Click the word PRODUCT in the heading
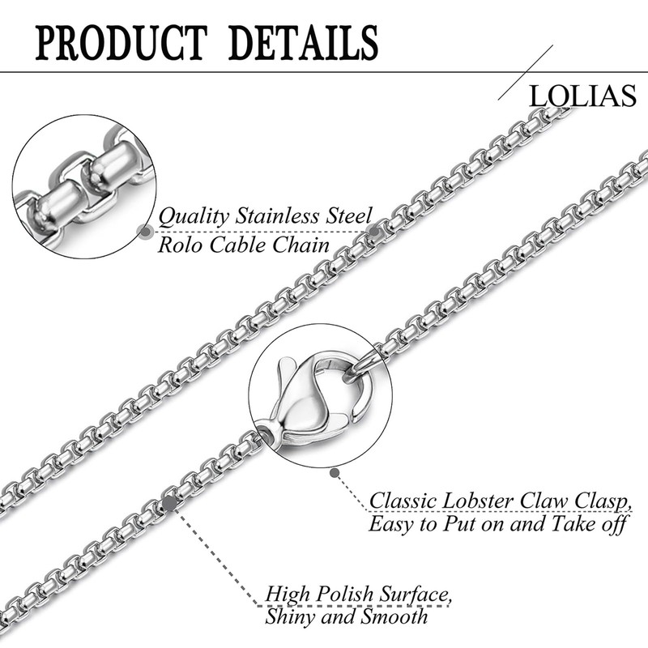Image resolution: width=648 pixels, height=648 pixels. point(121,43)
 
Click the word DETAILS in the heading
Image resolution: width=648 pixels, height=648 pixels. point(303,43)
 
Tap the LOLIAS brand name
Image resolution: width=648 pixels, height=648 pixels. point(582,96)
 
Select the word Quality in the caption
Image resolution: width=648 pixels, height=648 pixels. point(194,217)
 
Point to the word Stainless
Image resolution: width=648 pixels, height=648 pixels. point(278,216)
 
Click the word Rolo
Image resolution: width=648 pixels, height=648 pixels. point(180,245)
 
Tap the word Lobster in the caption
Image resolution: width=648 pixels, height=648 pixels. point(478,501)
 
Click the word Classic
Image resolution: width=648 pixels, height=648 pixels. point(403,501)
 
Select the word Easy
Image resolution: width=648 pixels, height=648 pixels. point(391,525)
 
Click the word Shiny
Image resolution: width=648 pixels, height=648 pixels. point(290,618)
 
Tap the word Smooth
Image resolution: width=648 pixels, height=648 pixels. point(394,617)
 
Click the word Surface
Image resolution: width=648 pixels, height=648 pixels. point(415,595)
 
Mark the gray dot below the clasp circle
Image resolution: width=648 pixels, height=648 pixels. point(335,473)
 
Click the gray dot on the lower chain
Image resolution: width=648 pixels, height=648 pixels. point(169,503)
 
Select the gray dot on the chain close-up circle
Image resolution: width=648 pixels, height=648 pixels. point(145,232)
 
